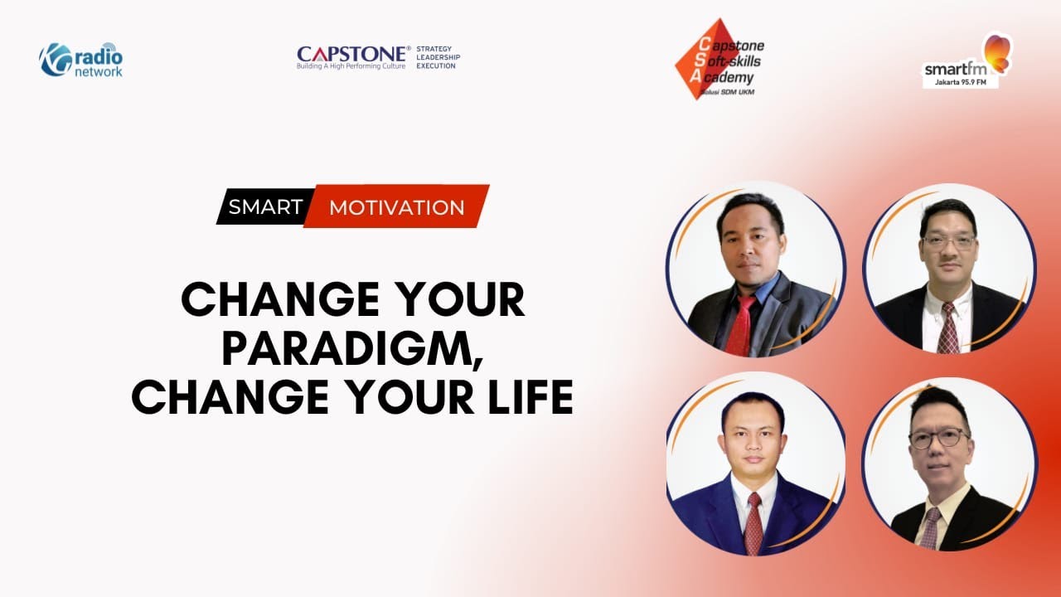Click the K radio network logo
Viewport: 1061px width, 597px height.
(x=80, y=60)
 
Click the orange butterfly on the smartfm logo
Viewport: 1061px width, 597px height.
(x=997, y=51)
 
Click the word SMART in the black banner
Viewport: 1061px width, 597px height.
(x=265, y=206)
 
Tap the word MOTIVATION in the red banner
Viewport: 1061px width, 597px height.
(x=397, y=207)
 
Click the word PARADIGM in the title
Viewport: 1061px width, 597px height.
(x=351, y=349)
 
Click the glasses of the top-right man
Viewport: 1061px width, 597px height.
(x=949, y=242)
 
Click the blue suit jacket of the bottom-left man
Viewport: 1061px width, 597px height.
(x=705, y=510)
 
